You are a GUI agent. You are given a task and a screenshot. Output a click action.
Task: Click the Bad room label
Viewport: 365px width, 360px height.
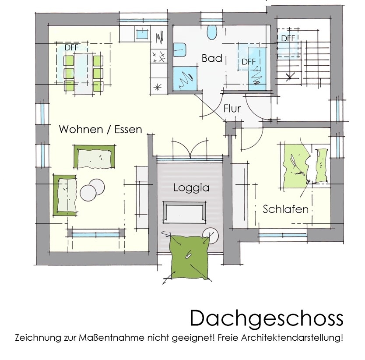tap(212, 58)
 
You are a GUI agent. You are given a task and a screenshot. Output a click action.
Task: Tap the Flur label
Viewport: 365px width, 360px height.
tap(232, 109)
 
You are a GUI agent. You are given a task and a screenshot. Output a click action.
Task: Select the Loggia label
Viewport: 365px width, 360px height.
tap(191, 188)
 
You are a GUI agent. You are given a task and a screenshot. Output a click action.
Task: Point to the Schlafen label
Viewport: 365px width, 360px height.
tap(286, 209)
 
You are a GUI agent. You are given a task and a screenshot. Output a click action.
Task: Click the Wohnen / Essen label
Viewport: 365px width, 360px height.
tap(100, 129)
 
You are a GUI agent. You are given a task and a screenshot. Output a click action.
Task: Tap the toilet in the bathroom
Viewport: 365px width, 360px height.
tap(212, 32)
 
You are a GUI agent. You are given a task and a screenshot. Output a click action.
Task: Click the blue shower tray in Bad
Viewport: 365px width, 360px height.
tap(185, 78)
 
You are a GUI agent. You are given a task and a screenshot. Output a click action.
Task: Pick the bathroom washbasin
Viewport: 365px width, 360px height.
tap(180, 49)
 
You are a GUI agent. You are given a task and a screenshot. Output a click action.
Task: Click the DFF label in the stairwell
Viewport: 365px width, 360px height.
tap(288, 38)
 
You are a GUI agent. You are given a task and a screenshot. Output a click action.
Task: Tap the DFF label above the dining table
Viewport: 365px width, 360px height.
tap(71, 48)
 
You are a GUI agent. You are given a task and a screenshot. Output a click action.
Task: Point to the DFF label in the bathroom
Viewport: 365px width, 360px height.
tap(249, 62)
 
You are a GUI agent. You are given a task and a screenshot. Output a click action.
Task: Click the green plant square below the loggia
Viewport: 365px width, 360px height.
tap(190, 257)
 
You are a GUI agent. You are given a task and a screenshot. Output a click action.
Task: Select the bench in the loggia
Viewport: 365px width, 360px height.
tap(184, 212)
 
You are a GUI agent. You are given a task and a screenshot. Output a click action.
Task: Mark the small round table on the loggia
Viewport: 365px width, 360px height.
tap(211, 236)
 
